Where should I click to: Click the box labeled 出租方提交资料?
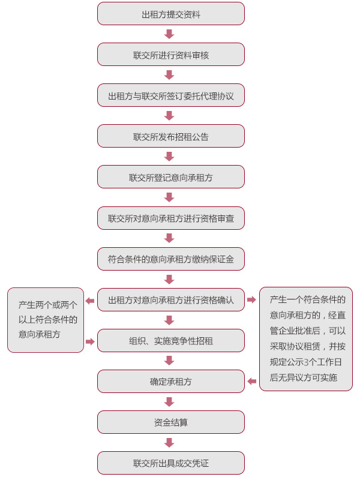tap(171, 14)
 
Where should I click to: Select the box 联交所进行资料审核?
tap(171, 55)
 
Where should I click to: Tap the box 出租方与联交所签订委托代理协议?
tap(171, 95)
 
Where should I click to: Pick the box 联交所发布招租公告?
tap(171, 136)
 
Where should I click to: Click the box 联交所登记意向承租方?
tap(171, 177)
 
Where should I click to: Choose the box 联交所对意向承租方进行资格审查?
tap(171, 218)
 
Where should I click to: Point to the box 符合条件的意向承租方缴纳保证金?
tap(171, 259)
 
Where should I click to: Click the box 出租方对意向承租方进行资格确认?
tap(171, 299)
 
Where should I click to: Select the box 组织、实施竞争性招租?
tap(171, 340)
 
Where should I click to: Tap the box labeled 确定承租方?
tap(171, 382)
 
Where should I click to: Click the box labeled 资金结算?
tap(171, 422)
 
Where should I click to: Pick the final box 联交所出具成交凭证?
tap(171, 463)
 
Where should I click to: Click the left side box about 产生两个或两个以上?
tap(46, 320)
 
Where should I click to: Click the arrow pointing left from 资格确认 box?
tap(90, 301)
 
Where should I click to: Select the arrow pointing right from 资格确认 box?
tap(251, 299)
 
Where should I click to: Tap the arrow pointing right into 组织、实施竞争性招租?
tap(90, 341)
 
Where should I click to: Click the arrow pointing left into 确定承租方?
tap(251, 382)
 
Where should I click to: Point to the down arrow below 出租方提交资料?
tap(169, 34)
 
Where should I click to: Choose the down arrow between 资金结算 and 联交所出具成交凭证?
tap(169, 443)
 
